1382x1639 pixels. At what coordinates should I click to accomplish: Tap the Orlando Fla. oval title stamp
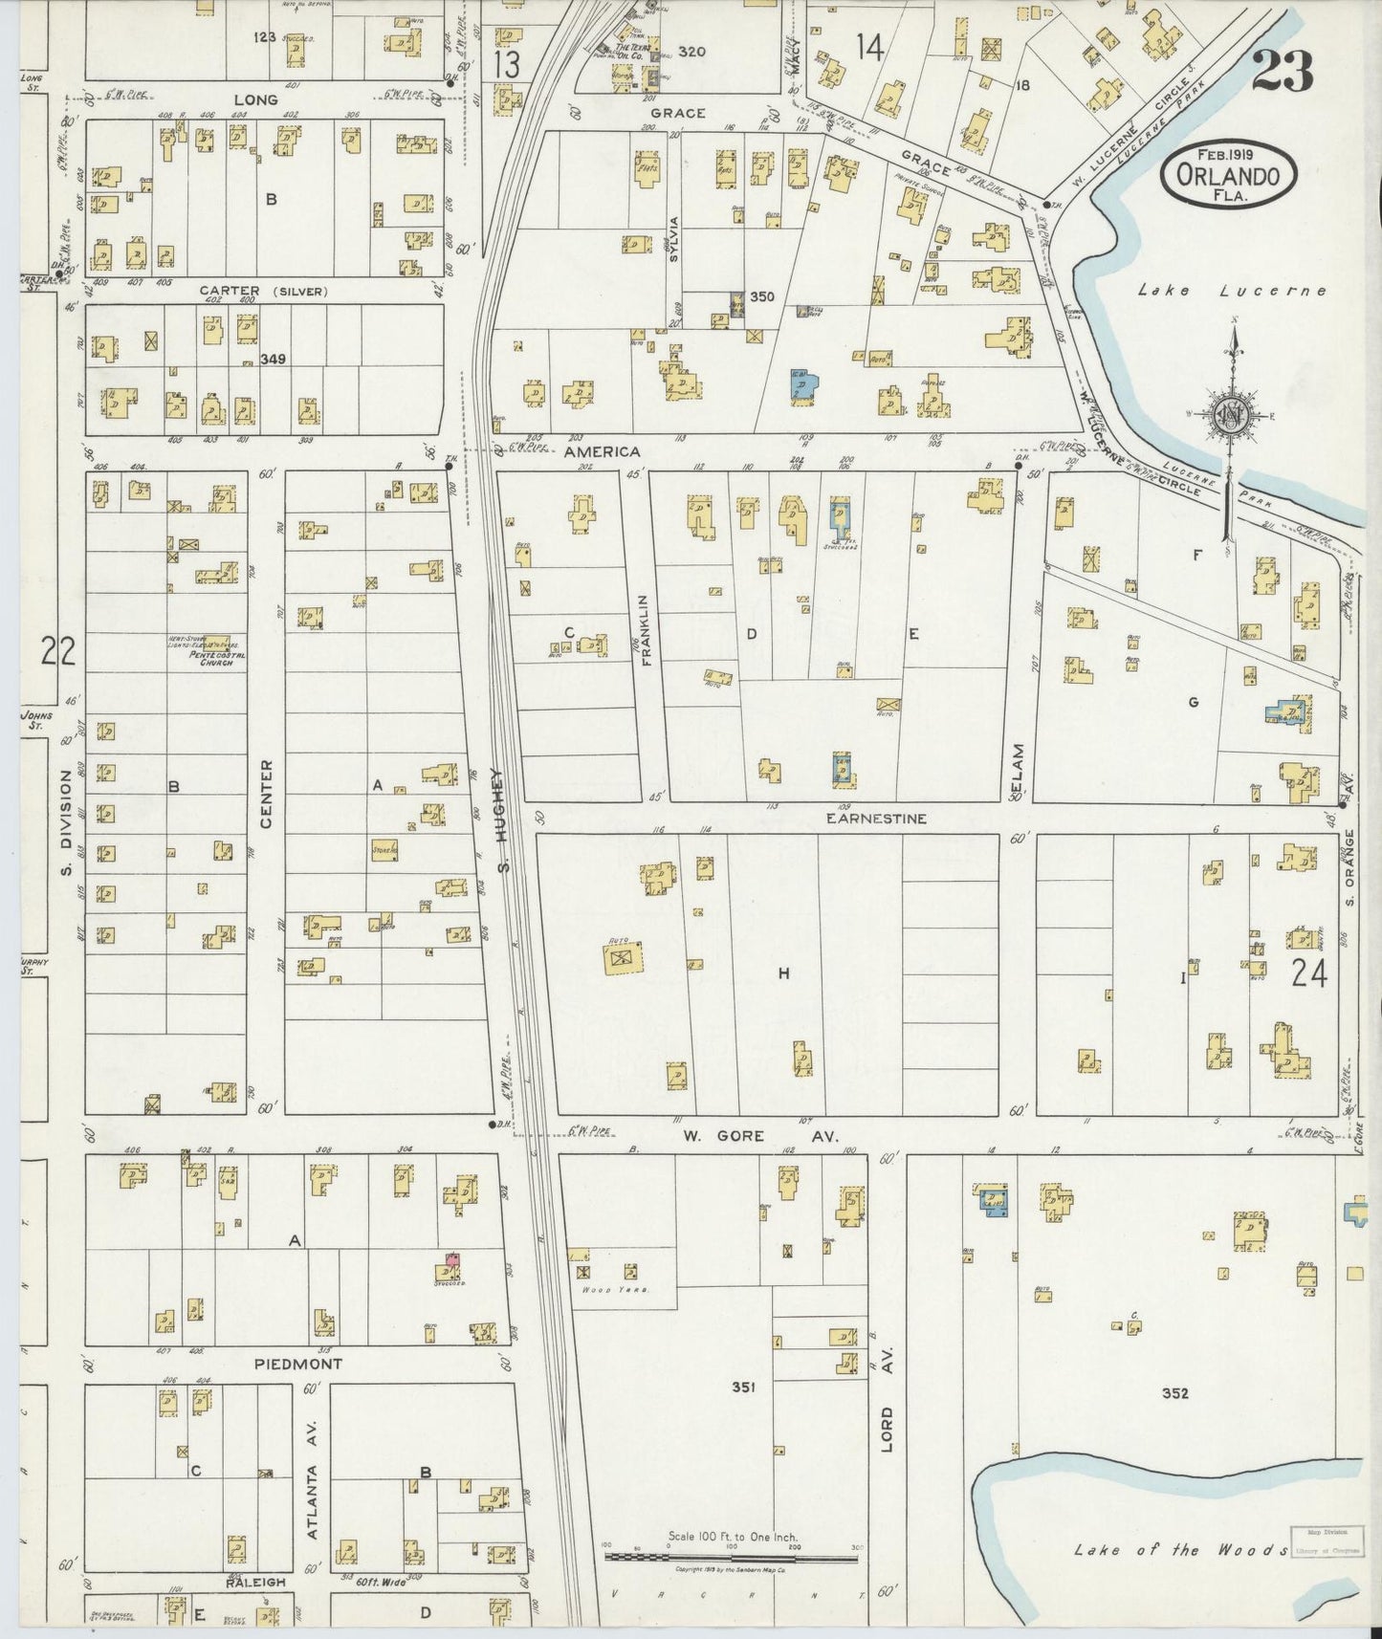click(x=1229, y=175)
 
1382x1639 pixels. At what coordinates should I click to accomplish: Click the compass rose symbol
click(x=1233, y=413)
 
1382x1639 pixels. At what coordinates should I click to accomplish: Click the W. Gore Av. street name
click(x=759, y=1137)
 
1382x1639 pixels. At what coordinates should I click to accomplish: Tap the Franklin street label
click(x=646, y=630)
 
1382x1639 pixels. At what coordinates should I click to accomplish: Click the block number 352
click(x=1174, y=1393)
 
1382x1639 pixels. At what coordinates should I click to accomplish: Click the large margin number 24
click(x=1308, y=974)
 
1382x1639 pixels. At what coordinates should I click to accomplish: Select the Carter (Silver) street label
click(x=263, y=291)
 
